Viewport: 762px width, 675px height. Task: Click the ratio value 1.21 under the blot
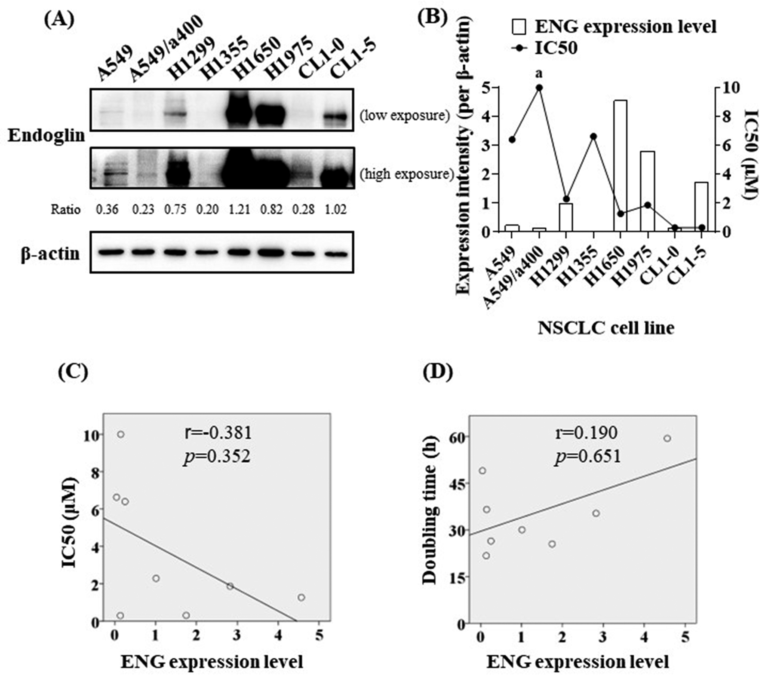[x=239, y=210]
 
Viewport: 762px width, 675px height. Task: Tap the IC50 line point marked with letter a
[x=539, y=88]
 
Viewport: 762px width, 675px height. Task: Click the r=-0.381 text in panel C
[x=218, y=433]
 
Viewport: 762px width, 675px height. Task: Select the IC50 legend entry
[x=544, y=48]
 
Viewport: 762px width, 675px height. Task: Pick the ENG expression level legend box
[x=519, y=27]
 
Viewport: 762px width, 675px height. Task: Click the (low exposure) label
[x=404, y=116]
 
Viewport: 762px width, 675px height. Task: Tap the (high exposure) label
[x=407, y=174]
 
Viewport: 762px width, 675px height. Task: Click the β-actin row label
[x=50, y=254]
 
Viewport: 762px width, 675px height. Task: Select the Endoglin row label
[x=46, y=135]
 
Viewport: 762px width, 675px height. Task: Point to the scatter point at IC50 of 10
[x=120, y=434]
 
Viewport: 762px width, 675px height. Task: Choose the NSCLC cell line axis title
[x=605, y=328]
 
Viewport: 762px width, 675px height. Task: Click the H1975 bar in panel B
[x=647, y=191]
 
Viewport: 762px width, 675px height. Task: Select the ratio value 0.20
[x=207, y=210]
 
